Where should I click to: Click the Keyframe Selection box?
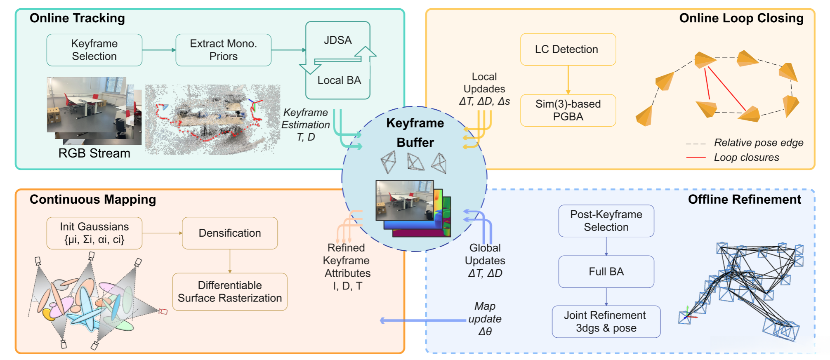[x=94, y=50]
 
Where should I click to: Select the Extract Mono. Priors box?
[x=223, y=50]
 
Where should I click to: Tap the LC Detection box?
[x=568, y=49]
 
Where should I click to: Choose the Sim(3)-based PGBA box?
[x=568, y=110]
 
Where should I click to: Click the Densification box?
[x=229, y=233]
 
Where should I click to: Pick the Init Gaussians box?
[x=94, y=233]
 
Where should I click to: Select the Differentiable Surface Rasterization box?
[x=229, y=292]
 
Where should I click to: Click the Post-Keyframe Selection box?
[x=606, y=221]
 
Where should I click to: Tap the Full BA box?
[x=606, y=271]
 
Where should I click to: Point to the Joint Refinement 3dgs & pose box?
[x=606, y=321]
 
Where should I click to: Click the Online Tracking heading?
[x=77, y=18]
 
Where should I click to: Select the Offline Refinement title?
[x=744, y=200]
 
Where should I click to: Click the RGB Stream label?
[x=94, y=153]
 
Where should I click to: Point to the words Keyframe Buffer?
[x=415, y=132]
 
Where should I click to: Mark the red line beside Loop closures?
[x=696, y=158]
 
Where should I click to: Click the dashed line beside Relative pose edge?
[x=696, y=144]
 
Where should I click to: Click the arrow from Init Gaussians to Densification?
[x=162, y=233]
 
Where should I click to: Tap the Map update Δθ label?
[x=485, y=319]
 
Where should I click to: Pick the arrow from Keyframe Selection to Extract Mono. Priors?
[x=159, y=50]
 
